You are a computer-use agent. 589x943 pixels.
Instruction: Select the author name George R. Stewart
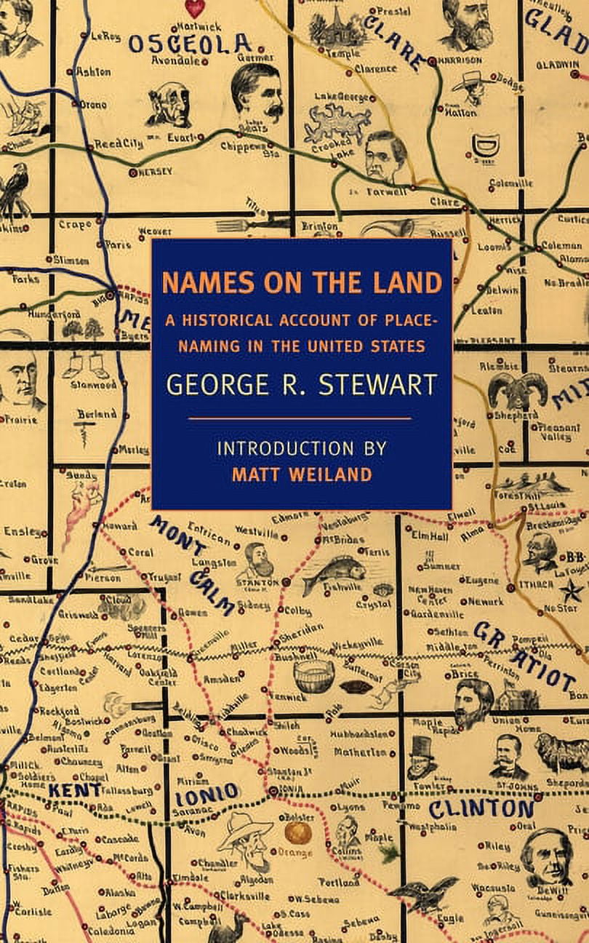point(301,384)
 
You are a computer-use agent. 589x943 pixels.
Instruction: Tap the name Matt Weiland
point(302,474)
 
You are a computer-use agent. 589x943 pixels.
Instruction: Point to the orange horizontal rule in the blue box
point(300,419)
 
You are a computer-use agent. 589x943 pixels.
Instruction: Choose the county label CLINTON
point(481,808)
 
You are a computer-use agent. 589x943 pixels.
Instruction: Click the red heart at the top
point(194,8)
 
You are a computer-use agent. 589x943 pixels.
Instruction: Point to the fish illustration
point(334,571)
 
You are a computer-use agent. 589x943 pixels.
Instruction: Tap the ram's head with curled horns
point(517,389)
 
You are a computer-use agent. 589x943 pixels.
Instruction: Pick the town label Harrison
point(460,60)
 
